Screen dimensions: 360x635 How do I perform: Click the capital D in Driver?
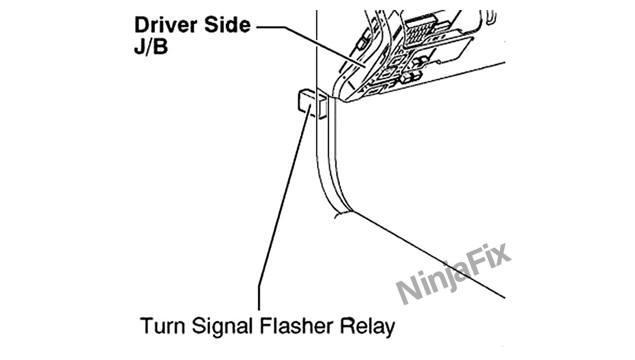[141, 25]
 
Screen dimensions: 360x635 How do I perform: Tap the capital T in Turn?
[144, 327]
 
